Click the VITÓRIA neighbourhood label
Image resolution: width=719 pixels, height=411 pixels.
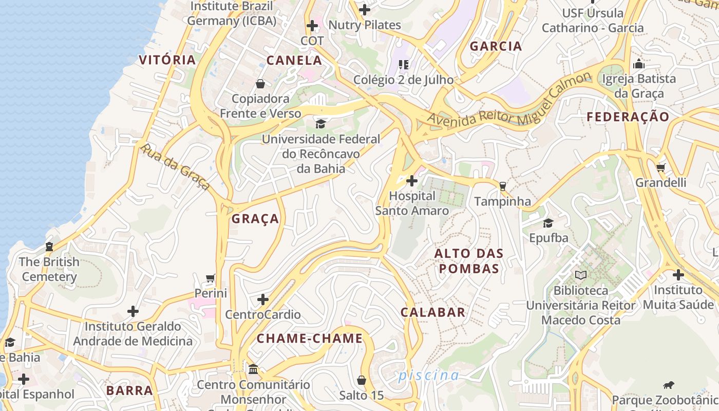[x=167, y=60]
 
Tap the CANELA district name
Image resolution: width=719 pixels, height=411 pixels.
[x=294, y=60]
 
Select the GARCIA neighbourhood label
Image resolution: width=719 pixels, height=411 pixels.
[x=496, y=46]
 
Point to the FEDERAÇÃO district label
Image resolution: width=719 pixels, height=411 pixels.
[x=628, y=117]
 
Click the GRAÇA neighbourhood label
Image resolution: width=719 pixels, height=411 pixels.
[x=255, y=219]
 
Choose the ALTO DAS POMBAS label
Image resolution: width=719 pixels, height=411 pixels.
[x=469, y=261]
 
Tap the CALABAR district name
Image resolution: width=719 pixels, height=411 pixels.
[x=433, y=312]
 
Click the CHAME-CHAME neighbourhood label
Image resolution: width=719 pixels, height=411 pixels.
[x=310, y=339]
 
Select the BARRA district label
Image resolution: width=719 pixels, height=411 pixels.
[x=129, y=390]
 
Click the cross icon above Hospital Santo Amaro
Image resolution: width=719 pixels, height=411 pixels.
[x=411, y=181]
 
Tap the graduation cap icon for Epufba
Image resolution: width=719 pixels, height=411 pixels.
[x=548, y=223]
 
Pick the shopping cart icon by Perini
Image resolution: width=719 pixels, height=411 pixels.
[x=210, y=278]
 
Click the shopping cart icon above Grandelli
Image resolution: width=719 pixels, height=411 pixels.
[x=661, y=167]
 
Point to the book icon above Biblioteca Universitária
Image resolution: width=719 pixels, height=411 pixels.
[x=581, y=275]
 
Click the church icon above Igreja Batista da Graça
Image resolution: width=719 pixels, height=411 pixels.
[x=639, y=64]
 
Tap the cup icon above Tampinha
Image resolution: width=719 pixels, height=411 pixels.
[x=502, y=186]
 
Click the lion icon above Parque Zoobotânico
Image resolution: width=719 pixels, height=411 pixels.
[x=668, y=385]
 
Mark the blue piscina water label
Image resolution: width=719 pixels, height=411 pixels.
[x=429, y=376]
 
